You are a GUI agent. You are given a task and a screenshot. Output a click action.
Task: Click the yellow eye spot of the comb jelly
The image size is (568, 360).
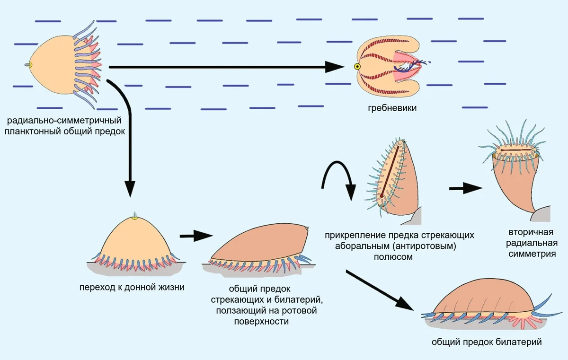click(x=357, y=67)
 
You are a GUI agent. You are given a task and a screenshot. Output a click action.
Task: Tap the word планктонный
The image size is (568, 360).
click(x=33, y=131)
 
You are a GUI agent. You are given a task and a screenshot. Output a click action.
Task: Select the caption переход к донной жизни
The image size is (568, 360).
click(x=133, y=287)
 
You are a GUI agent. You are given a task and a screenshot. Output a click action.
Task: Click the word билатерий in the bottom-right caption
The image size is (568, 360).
click(x=516, y=342)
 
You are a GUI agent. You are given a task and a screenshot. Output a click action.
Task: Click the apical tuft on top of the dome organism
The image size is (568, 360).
click(x=135, y=215)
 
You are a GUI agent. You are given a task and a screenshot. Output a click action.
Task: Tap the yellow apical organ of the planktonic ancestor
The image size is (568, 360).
click(x=30, y=65)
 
